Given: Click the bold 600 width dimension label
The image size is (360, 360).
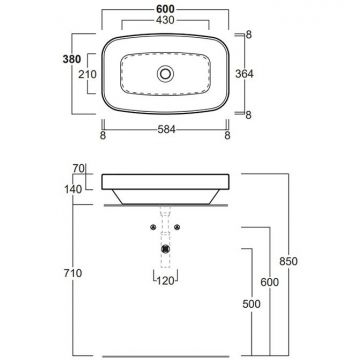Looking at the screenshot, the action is tap(165, 9).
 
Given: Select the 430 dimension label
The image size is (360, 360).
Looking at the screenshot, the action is tap(165, 20).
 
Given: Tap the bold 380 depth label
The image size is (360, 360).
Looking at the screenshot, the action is tap(72, 59).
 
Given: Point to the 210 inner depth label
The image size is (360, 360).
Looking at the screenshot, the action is tap(87, 74).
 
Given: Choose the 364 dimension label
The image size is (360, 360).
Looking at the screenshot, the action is tap(244, 74).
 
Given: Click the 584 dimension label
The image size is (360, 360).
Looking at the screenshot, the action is tap(166, 130).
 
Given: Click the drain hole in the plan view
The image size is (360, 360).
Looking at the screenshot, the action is tap(165, 73).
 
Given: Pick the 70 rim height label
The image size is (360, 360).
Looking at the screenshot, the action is tap(79, 169).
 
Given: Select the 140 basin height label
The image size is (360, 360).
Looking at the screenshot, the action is tap(73, 189).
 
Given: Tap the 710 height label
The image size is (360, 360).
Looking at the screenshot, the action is tap(73, 273).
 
